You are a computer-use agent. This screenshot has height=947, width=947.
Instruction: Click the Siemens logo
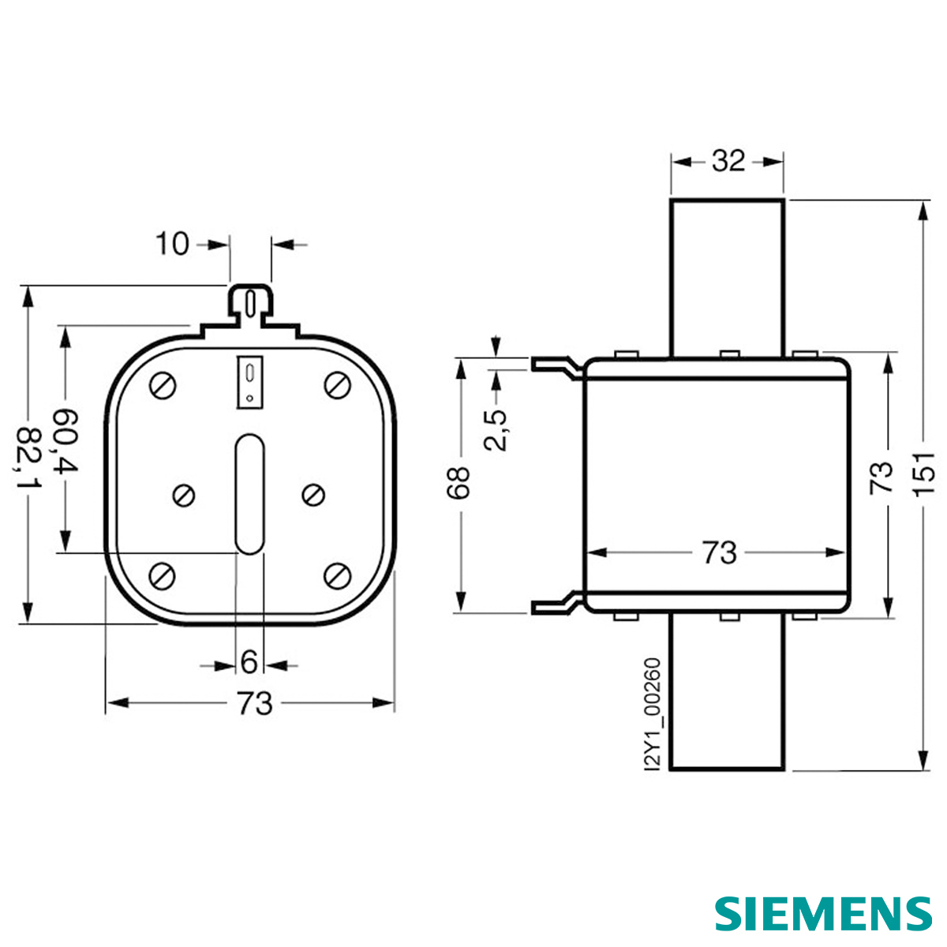tap(823, 913)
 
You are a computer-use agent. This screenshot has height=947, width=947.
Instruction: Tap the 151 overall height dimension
tap(924, 473)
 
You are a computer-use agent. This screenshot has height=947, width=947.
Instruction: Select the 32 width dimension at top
tap(728, 161)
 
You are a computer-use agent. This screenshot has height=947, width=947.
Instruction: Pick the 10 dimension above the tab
tap(171, 244)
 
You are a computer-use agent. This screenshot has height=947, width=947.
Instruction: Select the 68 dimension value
tap(459, 483)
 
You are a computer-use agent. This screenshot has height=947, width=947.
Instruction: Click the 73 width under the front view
tap(254, 702)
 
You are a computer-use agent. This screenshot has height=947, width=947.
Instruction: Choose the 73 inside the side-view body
tap(719, 552)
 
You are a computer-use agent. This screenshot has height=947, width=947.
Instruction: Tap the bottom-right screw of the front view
tap(338, 575)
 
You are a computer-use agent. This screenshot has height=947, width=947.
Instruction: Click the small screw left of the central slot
tap(185, 494)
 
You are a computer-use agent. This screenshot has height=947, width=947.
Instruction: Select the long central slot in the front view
tap(249, 493)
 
